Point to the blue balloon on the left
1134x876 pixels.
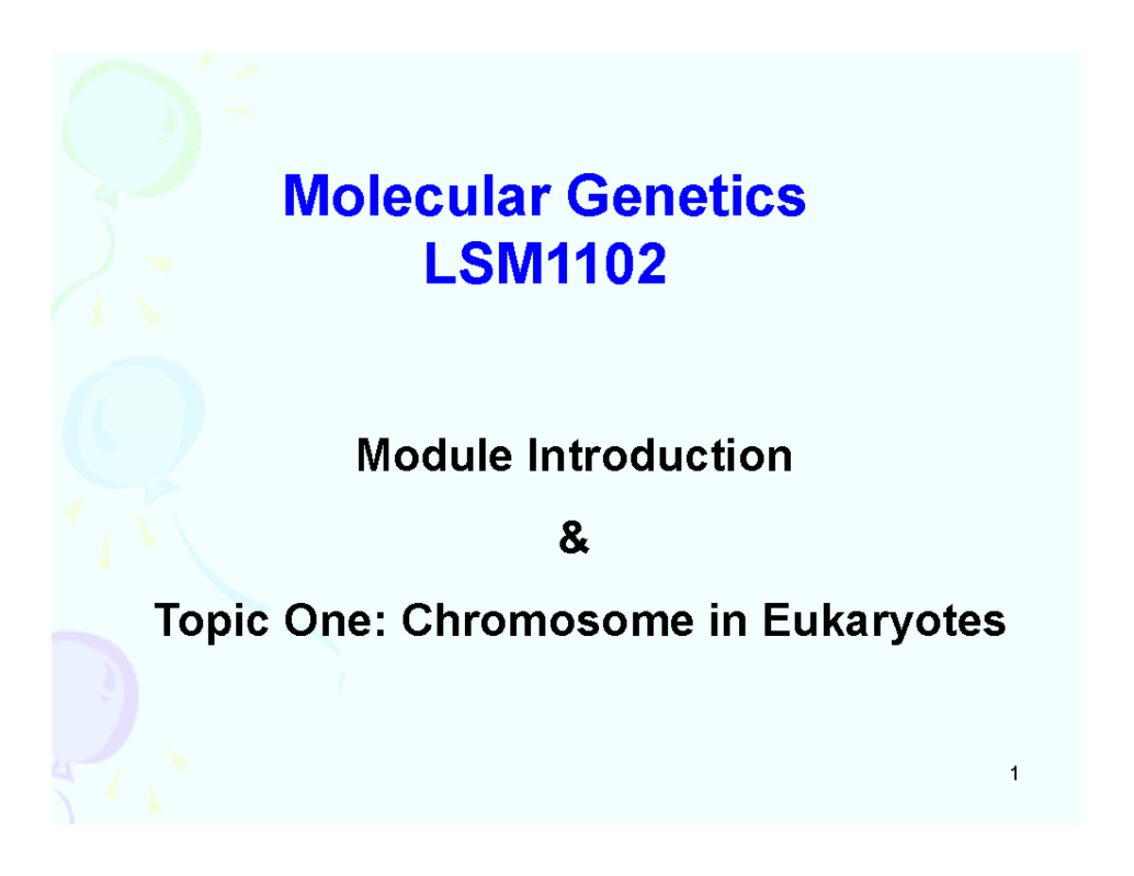[132, 416]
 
